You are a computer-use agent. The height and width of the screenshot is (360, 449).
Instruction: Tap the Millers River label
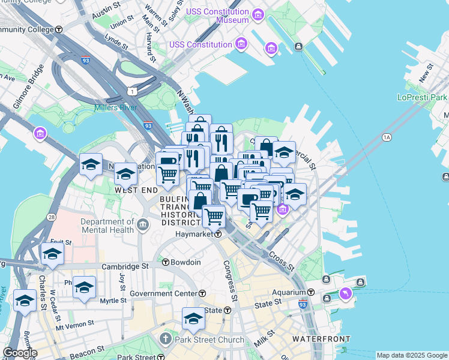pos(115,108)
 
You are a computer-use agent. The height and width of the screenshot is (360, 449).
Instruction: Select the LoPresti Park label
pos(422,97)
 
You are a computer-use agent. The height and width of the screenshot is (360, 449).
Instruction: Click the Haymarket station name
pos(194,233)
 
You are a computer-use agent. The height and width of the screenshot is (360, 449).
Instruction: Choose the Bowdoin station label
pos(185,262)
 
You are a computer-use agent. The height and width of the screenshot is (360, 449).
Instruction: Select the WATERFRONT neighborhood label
pos(321,339)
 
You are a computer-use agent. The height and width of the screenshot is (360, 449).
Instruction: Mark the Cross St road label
pos(282,261)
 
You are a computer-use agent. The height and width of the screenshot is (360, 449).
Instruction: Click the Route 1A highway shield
pos(386,137)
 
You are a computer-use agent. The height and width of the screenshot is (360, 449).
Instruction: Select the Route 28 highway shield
pos(52,216)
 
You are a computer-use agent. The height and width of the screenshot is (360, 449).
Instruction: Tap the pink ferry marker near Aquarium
pos(346,293)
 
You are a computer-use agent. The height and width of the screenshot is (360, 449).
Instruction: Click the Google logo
pos(20,353)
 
